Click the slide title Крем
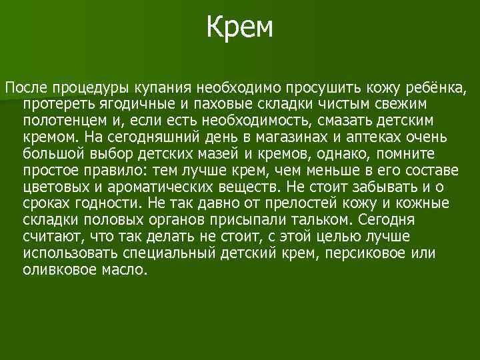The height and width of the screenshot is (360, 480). (x=240, y=28)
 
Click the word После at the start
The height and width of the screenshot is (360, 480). (x=25, y=87)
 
